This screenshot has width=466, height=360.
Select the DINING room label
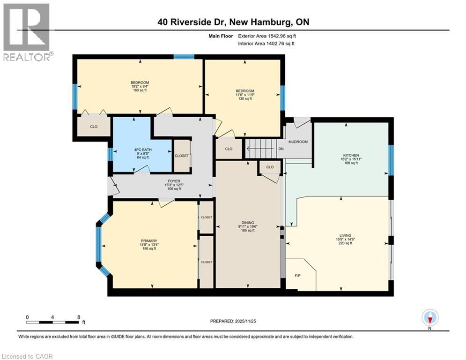pyautogui.click(x=248, y=223)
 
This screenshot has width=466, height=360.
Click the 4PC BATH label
pyautogui.click(x=141, y=150)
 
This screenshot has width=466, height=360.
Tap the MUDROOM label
pyautogui.click(x=298, y=142)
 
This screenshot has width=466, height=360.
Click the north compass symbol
pyautogui.click(x=430, y=318)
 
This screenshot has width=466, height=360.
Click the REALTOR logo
pyautogui.click(x=27, y=32)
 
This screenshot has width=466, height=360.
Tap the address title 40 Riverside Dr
pyautogui.click(x=233, y=22)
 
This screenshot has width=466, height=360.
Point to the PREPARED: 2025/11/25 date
pyautogui.click(x=233, y=321)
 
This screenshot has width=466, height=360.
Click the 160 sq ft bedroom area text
pyautogui.click(x=140, y=90)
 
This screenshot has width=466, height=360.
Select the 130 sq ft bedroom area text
pyautogui.click(x=244, y=99)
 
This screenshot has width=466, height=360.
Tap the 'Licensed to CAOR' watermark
pyautogui.click(x=28, y=356)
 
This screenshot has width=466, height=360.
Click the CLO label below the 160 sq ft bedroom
pyautogui.click(x=93, y=127)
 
